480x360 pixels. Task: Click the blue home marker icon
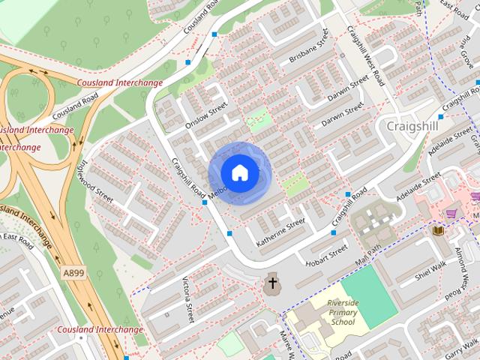(239, 172)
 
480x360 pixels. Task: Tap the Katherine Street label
(280, 232)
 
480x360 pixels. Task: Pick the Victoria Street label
(188, 300)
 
